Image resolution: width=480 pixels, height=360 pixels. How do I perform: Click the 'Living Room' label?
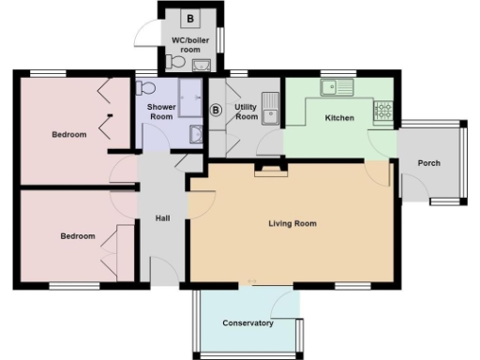[292, 224]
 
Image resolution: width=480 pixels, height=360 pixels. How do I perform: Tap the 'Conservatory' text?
[247, 323]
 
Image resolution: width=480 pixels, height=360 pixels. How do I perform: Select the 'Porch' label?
[429, 163]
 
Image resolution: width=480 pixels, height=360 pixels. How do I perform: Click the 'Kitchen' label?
[338, 118]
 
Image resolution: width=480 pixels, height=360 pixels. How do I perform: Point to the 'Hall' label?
[162, 218]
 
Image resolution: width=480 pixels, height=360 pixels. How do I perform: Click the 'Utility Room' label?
[246, 112]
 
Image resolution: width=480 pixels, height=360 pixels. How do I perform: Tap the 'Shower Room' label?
[160, 112]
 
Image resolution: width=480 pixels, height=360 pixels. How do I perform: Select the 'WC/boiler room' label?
[191, 45]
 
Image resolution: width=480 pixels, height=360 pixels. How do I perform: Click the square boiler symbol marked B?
[190, 19]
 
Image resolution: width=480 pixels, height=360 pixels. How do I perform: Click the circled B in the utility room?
[217, 110]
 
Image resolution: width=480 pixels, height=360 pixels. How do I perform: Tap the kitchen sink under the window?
[335, 88]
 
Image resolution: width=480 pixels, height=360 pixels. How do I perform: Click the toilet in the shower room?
[145, 87]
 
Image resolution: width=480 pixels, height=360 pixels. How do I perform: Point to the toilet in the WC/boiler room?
[173, 63]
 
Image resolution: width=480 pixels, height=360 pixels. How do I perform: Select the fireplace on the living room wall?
[269, 169]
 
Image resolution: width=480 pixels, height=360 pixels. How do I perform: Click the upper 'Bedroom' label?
[68, 135]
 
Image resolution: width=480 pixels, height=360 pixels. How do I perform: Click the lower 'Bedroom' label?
[78, 236]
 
